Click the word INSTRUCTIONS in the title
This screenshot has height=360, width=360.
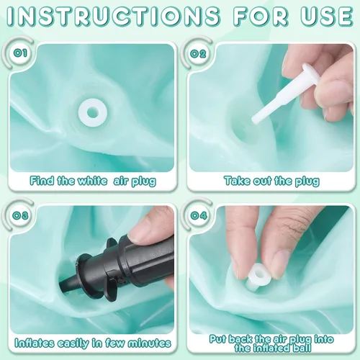[x=114, y=16]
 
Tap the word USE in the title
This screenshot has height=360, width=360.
[x=327, y=16]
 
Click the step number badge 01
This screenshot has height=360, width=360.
[x=20, y=53]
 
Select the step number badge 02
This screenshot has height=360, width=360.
[x=198, y=53]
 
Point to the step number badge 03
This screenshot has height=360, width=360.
[x=21, y=215]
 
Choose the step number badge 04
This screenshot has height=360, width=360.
[x=198, y=215]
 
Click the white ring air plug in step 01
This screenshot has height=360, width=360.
[x=92, y=112]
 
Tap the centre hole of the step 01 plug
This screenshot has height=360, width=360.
[x=92, y=112]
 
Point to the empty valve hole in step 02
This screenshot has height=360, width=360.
[x=245, y=132]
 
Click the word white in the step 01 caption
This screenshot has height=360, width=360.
[x=92, y=181]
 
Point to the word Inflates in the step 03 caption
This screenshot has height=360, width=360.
[x=34, y=343]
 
